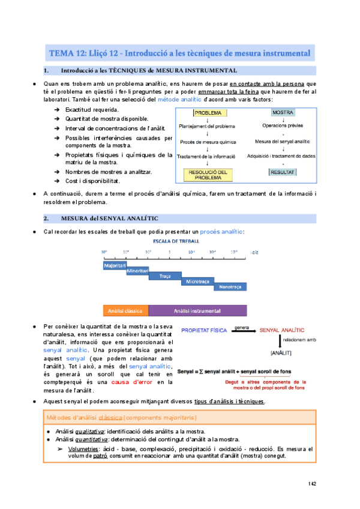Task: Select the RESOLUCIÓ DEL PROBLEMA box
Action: point(208,175)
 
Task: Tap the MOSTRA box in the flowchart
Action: point(286,112)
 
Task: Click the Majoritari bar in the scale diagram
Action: point(114,265)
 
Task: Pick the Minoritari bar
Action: point(137,271)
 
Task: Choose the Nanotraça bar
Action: point(230,288)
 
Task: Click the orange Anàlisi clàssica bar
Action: point(125,311)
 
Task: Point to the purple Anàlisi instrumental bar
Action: point(197,311)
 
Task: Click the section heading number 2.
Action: point(46,217)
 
